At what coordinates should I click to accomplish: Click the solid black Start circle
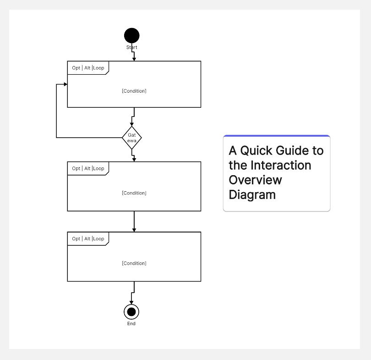pos(131,35)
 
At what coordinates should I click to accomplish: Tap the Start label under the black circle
pos(131,47)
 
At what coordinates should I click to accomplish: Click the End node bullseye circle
pos(131,312)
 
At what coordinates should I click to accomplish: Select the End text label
pos(131,324)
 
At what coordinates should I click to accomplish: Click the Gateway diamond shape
pos(132,138)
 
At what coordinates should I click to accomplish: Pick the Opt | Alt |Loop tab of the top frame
pos(88,68)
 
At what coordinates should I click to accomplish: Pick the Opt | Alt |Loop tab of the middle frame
pos(88,168)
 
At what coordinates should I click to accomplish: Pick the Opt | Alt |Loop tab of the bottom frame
pos(88,238)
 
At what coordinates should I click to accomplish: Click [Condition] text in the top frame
pos(134,91)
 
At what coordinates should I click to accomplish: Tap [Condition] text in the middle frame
pos(134,193)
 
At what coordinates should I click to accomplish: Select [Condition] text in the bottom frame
pos(134,263)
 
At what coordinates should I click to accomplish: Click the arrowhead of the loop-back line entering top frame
pos(65,84)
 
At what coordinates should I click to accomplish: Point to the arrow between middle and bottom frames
pos(134,222)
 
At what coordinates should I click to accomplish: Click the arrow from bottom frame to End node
pos(132,294)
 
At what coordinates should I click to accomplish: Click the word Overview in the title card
pos(256,180)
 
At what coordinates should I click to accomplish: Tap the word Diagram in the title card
pos(252,194)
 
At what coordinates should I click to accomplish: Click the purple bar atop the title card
pos(277,136)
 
